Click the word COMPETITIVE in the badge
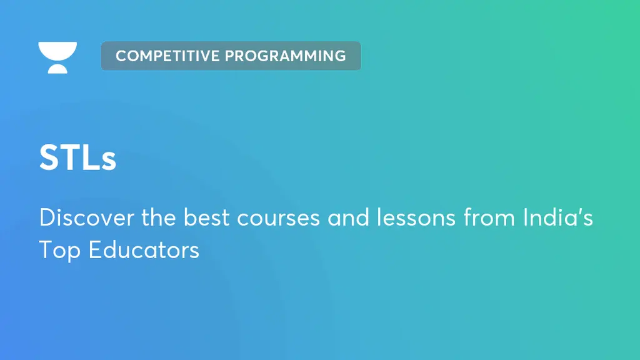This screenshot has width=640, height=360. tap(168, 56)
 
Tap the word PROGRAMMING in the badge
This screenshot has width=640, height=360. tap(286, 56)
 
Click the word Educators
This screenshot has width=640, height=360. tap(144, 250)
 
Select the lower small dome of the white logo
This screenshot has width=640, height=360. tap(57, 68)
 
